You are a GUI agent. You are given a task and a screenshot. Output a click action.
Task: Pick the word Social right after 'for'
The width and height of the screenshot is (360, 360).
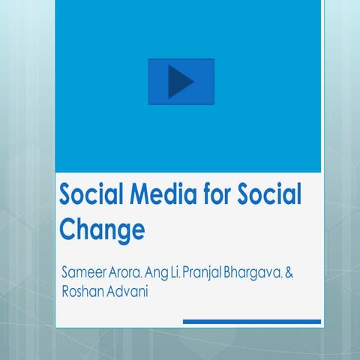coord(268,196)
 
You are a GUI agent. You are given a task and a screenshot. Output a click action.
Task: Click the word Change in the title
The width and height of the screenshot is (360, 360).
coord(102,229)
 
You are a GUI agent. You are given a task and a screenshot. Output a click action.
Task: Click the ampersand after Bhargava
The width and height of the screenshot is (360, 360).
coord(289,271)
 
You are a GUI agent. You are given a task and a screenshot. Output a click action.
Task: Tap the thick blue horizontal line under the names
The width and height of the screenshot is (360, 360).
coord(252,322)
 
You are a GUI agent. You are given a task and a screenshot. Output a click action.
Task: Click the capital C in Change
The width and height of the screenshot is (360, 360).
coord(69,229)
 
